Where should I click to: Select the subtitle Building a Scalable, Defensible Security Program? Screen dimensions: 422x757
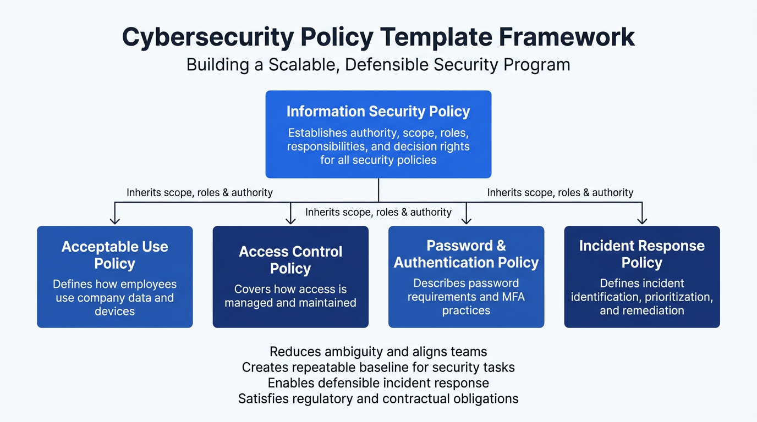point(378,64)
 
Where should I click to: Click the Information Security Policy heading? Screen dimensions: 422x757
point(378,112)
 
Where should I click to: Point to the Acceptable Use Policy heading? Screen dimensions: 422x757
point(114,255)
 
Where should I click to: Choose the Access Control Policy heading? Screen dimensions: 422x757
point(290,260)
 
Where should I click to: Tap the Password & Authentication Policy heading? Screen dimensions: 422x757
point(466,254)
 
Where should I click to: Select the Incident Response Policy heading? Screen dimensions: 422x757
point(641,254)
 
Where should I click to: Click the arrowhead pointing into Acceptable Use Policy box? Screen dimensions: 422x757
point(114,220)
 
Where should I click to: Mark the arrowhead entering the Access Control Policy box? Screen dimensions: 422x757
point(290,220)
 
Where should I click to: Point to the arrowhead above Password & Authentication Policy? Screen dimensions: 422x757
point(466,220)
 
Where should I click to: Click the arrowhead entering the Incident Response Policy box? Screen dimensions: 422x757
point(641,220)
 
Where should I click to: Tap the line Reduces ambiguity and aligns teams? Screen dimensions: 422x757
point(378,351)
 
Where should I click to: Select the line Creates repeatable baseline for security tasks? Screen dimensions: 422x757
point(378,367)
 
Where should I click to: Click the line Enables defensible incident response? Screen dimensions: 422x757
point(378,382)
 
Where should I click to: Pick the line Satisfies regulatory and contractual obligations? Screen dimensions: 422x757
point(378,398)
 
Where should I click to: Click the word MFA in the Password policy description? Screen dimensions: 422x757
point(512,297)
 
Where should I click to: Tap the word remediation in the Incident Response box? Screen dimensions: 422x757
point(650,310)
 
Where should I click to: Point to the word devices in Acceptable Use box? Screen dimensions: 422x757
point(114,312)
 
